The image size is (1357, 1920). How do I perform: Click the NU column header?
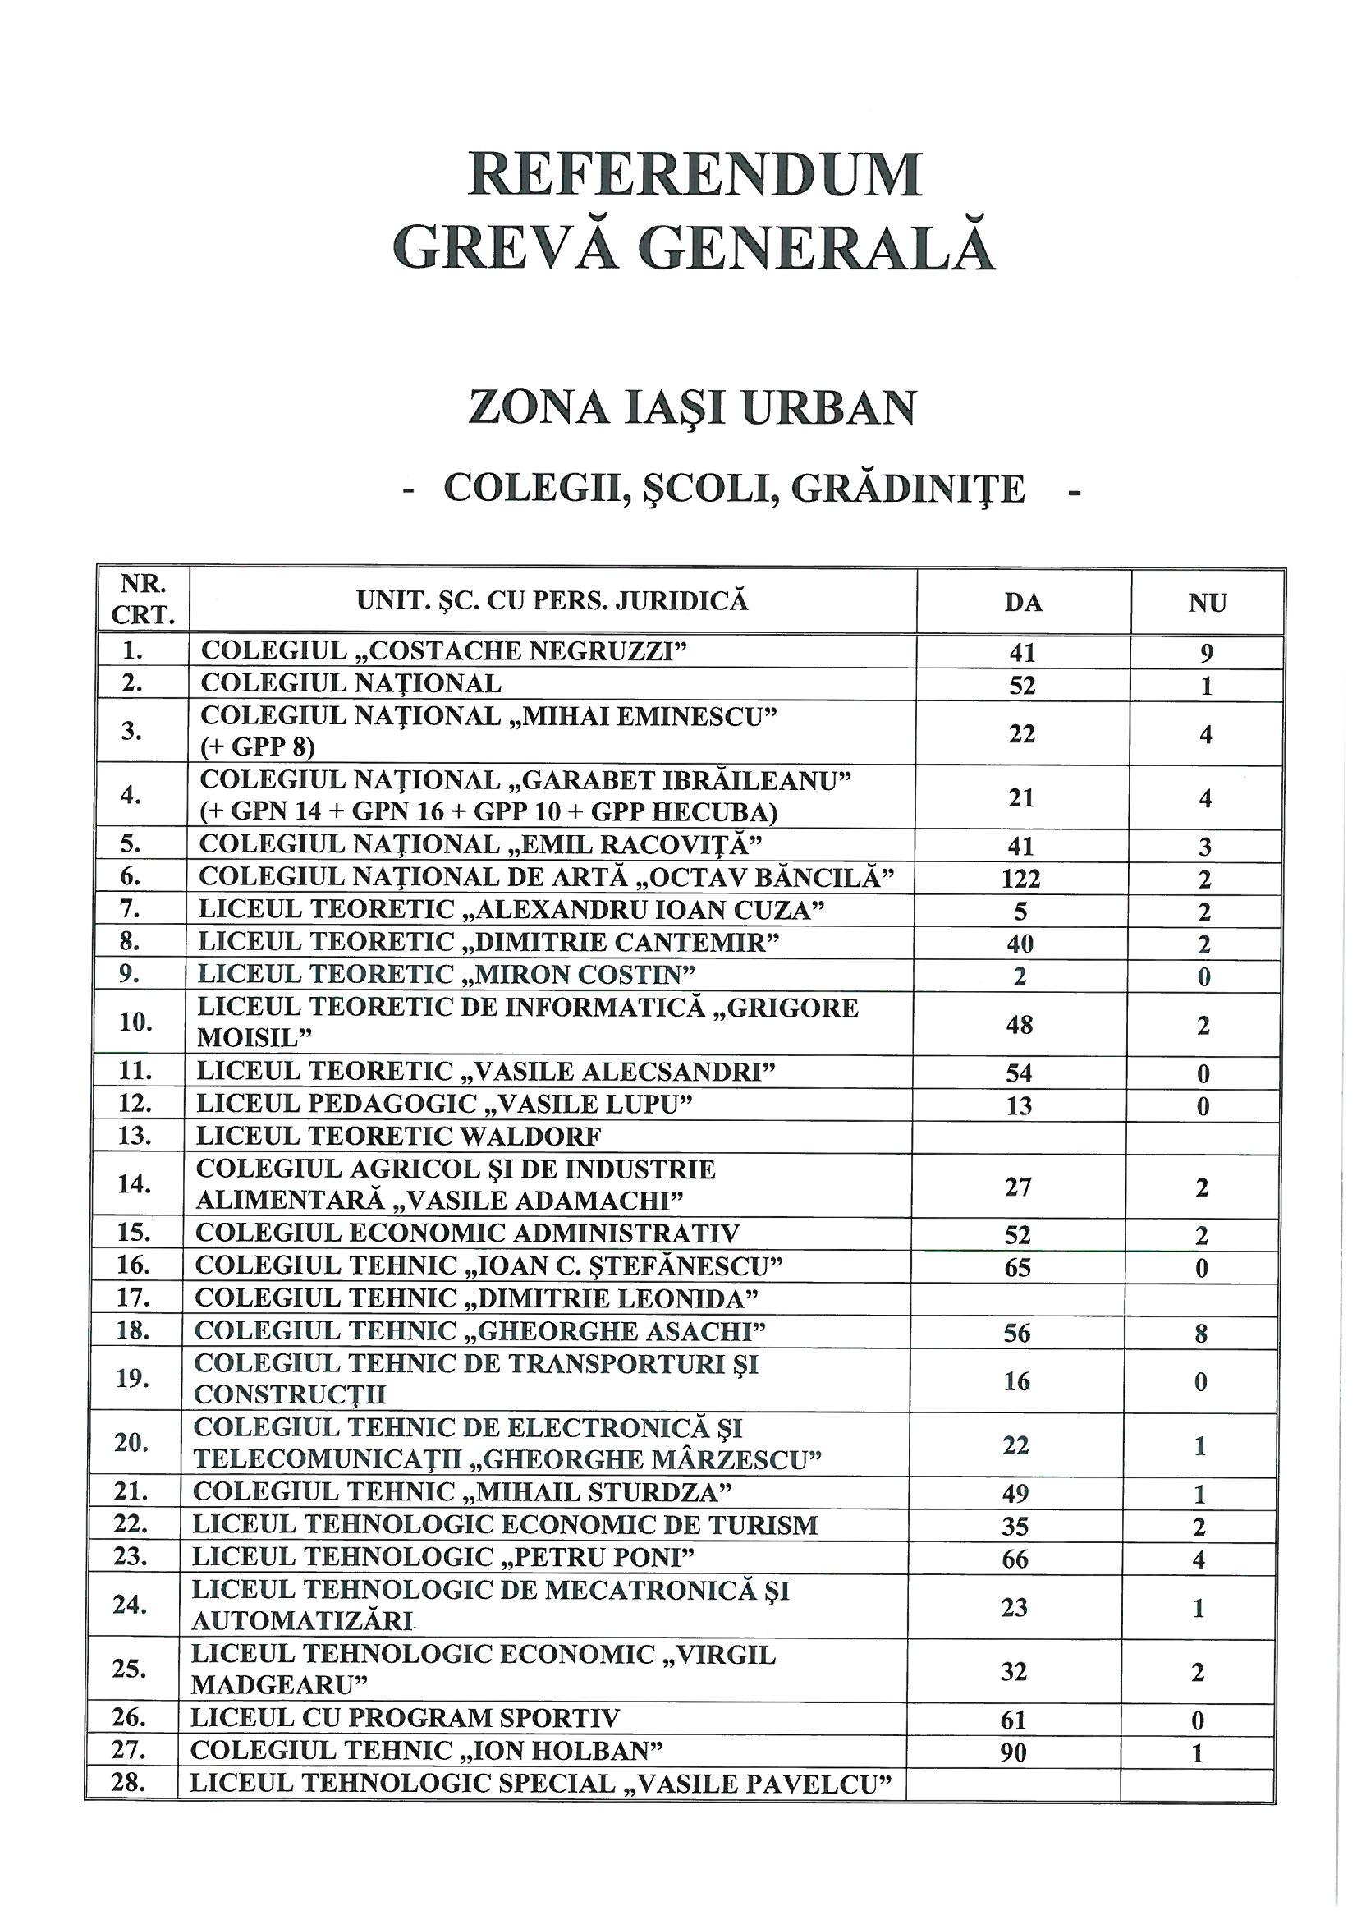click(x=1208, y=602)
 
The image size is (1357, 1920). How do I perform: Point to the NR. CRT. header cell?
click(x=143, y=599)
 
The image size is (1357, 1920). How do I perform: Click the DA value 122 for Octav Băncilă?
click(x=1021, y=879)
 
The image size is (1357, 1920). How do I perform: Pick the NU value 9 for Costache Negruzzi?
click(x=1207, y=653)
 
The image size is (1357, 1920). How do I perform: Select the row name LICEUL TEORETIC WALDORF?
click(x=399, y=1137)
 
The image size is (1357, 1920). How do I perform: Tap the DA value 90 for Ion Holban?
click(x=1013, y=1752)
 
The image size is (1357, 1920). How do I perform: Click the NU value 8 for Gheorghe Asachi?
click(x=1202, y=1334)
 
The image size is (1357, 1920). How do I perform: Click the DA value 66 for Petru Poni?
click(x=1015, y=1559)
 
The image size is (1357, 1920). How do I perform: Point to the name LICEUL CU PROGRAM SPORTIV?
click(x=406, y=1719)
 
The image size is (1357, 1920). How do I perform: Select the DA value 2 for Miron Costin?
click(x=1020, y=976)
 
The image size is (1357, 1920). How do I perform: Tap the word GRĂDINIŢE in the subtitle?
click(x=908, y=489)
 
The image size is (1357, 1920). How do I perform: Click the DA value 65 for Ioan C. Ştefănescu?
click(x=1017, y=1268)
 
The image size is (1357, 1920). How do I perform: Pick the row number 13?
click(x=135, y=1136)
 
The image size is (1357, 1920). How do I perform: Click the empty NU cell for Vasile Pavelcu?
click(x=1196, y=1784)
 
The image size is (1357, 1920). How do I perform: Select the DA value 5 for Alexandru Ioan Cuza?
click(x=1021, y=912)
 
